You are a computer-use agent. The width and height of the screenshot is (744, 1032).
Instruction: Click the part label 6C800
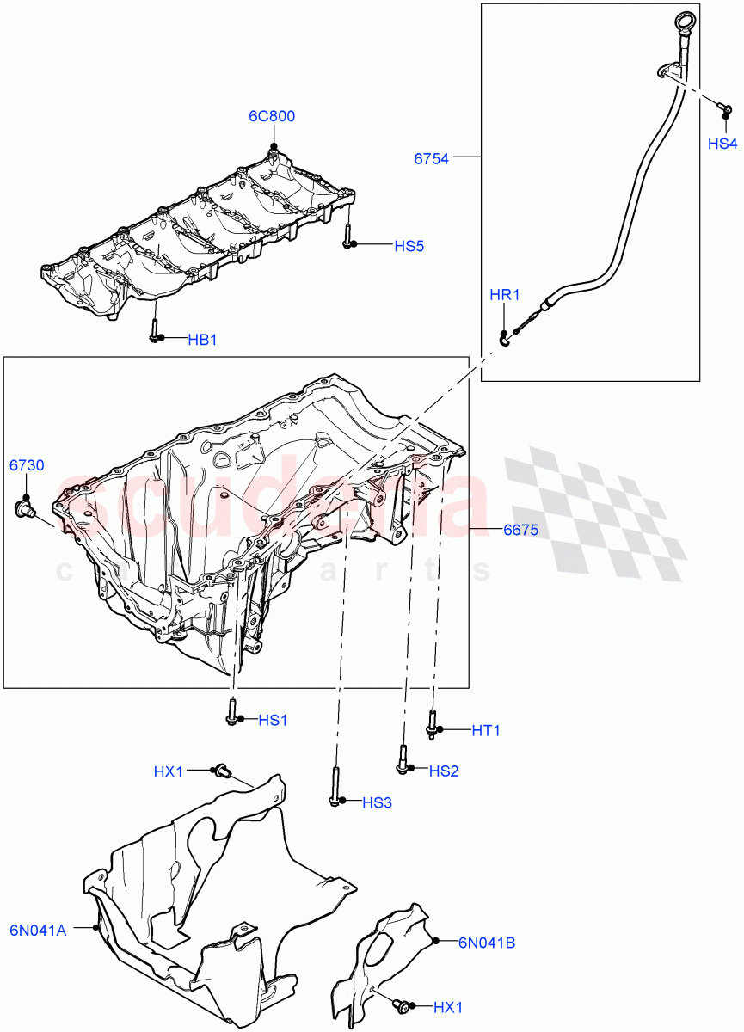272,117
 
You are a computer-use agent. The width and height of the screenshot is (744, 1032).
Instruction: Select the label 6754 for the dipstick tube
431,158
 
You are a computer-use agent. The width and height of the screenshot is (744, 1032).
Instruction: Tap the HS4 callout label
722,144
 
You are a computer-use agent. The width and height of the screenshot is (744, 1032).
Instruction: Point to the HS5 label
409,246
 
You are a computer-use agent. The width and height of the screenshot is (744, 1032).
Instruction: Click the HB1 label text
202,341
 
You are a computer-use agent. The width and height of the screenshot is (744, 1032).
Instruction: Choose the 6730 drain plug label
27,465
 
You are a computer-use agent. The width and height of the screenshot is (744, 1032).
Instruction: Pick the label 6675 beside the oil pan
520,531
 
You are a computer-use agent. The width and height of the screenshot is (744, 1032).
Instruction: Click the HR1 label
505,295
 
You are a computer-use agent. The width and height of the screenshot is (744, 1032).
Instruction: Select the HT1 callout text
485,731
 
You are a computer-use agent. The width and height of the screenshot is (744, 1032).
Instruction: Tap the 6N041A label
39,929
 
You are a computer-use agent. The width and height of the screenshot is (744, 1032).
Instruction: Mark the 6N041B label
487,943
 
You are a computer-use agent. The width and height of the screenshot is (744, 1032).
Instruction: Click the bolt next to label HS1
232,711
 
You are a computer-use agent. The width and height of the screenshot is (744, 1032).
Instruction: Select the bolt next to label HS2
403,757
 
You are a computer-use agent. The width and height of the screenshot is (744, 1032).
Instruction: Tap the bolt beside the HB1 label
153,330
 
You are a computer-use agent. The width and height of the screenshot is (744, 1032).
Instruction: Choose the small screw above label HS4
723,107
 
